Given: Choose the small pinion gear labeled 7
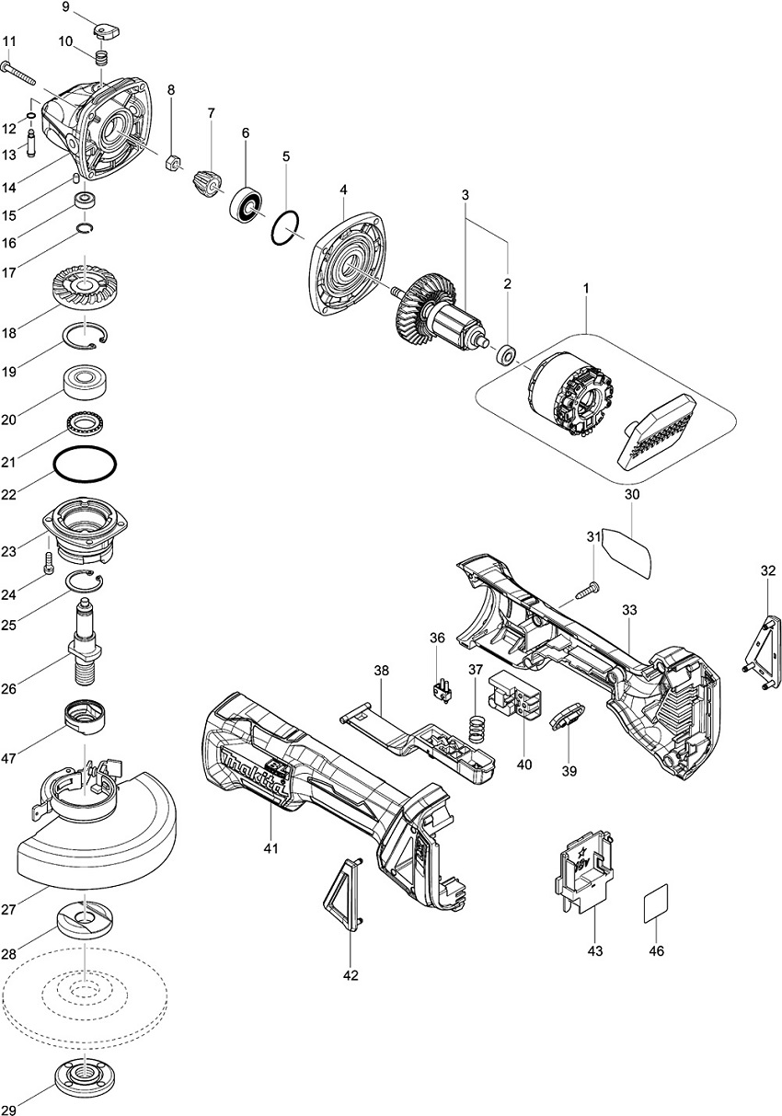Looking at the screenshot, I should click(x=208, y=181).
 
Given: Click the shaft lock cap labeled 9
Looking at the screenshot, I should click(x=107, y=32).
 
